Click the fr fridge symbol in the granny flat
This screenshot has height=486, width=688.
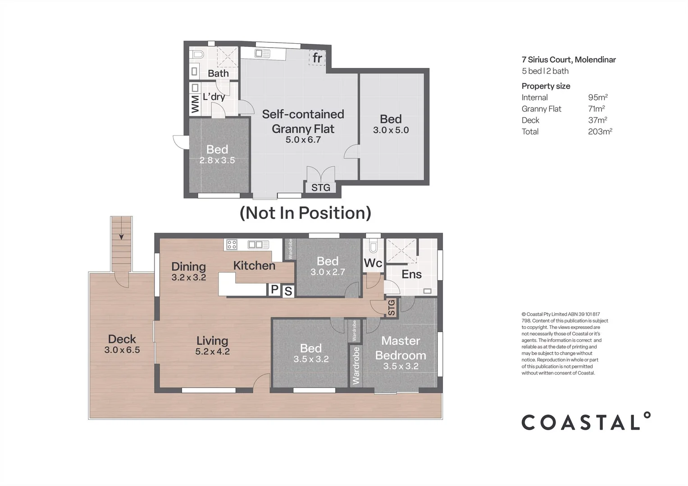click(x=317, y=58)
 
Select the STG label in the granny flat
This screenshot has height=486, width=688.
click(x=320, y=188)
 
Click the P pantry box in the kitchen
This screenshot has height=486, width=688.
click(x=274, y=290)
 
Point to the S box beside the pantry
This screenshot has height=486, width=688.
click(x=288, y=292)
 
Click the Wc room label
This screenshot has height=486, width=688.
click(x=373, y=263)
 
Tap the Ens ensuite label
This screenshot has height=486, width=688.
click(x=411, y=274)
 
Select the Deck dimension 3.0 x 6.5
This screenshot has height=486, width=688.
click(x=122, y=350)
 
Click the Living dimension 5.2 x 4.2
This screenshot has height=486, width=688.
click(x=212, y=352)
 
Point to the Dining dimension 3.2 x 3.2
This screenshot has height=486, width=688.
click(x=188, y=278)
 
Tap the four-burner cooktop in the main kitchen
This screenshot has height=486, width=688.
click(x=232, y=245)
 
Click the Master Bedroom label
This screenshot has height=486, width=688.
click(x=400, y=348)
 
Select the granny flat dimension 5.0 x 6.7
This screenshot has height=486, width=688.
click(x=303, y=140)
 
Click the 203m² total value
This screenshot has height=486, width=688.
click(x=600, y=131)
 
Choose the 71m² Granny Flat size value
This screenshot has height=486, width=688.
click(x=596, y=109)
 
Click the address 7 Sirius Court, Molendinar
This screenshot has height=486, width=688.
click(x=568, y=59)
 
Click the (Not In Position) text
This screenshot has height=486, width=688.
click(x=305, y=213)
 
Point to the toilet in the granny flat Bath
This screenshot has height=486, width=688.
click(x=197, y=55)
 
